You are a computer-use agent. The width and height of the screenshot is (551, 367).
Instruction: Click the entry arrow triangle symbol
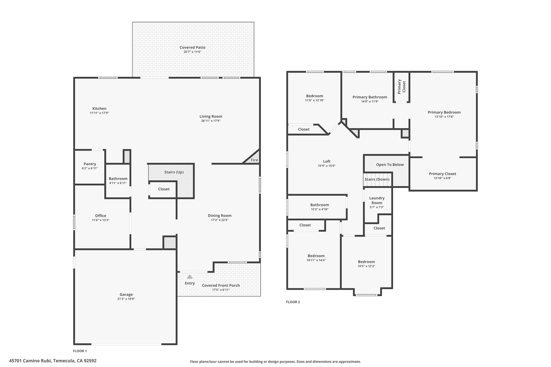click(190, 276)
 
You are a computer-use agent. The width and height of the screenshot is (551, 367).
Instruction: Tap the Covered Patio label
click(192, 48)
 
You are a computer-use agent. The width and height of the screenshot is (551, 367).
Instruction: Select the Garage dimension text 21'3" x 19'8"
click(126, 299)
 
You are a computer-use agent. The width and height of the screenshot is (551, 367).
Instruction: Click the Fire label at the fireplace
click(254, 160)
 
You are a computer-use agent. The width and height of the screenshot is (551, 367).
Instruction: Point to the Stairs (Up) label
click(174, 172)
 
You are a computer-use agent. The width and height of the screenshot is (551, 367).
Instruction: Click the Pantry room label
click(90, 164)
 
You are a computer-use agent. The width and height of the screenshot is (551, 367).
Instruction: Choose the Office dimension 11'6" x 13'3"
click(101, 220)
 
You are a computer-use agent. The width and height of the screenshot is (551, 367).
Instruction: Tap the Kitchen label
click(99, 109)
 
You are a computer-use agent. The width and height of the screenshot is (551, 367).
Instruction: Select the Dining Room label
click(220, 216)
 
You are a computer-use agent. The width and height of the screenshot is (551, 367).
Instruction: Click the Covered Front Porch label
click(221, 285)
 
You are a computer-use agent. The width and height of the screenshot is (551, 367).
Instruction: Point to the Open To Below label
click(390, 165)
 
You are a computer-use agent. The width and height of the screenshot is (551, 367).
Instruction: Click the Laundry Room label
click(377, 201)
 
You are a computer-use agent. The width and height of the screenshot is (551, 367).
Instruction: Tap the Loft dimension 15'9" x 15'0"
click(327, 166)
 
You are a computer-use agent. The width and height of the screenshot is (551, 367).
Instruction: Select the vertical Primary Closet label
click(401, 87)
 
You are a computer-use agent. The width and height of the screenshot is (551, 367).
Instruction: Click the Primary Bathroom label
click(370, 97)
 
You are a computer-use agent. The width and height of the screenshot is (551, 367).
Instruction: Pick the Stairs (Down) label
click(377, 179)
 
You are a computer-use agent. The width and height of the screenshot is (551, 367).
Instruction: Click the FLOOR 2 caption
click(293, 302)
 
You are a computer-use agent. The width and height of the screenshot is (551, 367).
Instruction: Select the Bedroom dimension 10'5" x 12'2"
click(366, 266)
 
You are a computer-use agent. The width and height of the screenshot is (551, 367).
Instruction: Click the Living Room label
click(211, 116)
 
